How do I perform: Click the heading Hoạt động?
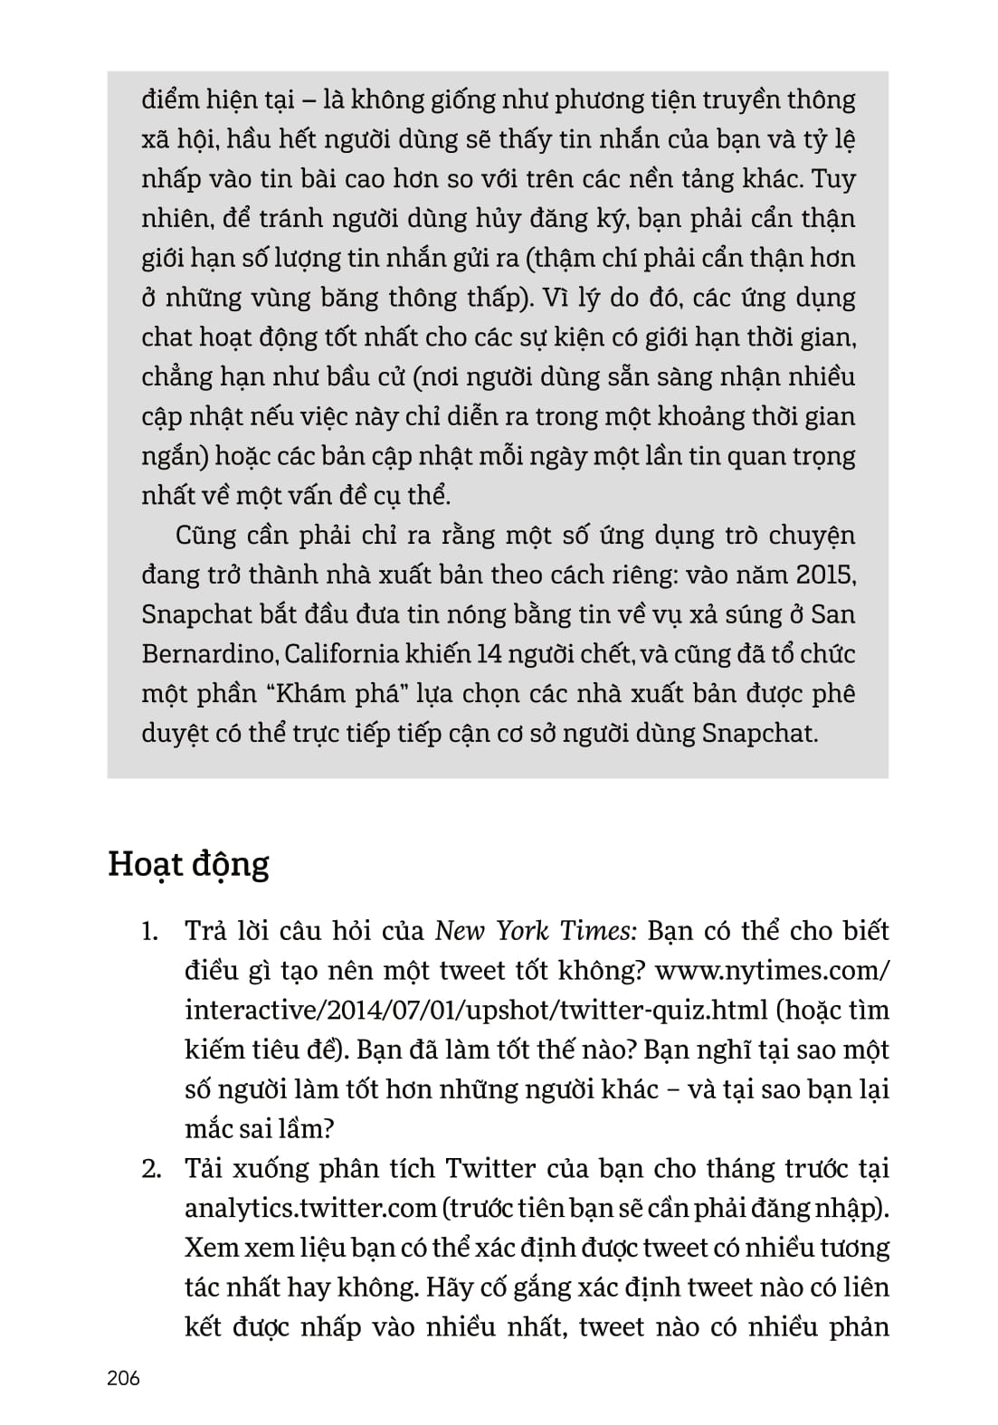pyautogui.click(x=188, y=865)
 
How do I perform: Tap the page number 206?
pyautogui.click(x=124, y=1378)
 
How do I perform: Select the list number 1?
pyautogui.click(x=150, y=931)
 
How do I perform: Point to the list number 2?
pyautogui.click(x=151, y=1169)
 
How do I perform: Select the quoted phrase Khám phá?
pyautogui.click(x=339, y=694)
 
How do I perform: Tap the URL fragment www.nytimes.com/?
pyautogui.click(x=772, y=971)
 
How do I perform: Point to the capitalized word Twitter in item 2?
pyautogui.click(x=490, y=1169)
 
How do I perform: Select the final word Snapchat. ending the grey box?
pyautogui.click(x=760, y=733)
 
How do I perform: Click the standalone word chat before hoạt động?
pyautogui.click(x=166, y=337)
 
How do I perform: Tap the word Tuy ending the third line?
pyautogui.click(x=833, y=179)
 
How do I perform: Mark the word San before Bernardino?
pyautogui.click(x=833, y=614)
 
